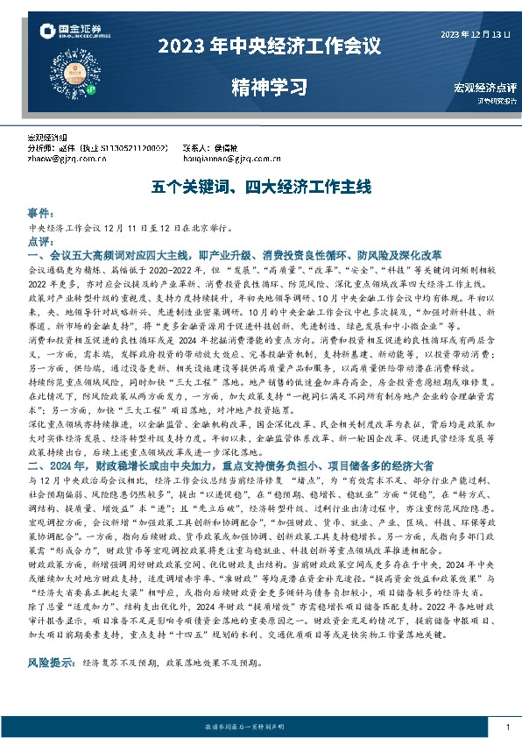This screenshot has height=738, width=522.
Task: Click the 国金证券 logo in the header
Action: [71, 32]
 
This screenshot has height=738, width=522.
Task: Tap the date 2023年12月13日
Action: [474, 34]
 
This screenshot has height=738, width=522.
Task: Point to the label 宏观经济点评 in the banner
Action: [485, 88]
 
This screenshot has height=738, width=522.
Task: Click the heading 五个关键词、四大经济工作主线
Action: [261, 188]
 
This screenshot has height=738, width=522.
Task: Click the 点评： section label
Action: [41, 240]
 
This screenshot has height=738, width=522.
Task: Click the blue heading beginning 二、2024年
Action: [236, 463]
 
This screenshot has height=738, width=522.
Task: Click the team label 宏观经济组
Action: [48, 138]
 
